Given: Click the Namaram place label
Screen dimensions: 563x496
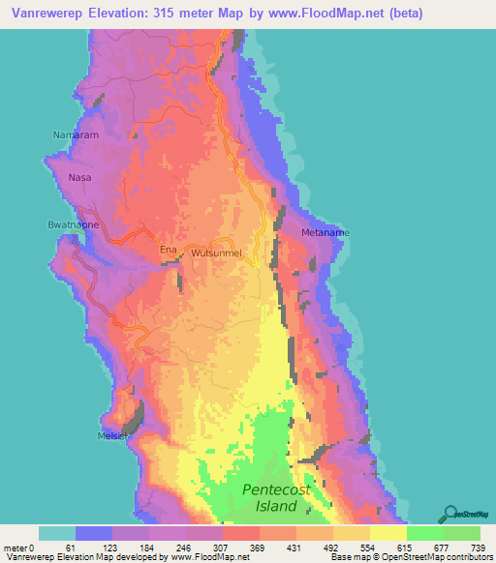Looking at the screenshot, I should point(77,135).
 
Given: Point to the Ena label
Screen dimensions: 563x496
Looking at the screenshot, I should point(169,251).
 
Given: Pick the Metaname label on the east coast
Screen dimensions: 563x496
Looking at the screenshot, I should point(325,233).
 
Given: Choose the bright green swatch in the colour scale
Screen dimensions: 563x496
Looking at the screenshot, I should point(425,533).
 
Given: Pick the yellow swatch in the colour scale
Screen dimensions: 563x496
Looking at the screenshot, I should point(388,533).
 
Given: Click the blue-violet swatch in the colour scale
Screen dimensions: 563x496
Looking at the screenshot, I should point(94,533).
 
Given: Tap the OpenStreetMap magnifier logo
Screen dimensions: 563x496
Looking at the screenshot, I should point(449,513).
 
